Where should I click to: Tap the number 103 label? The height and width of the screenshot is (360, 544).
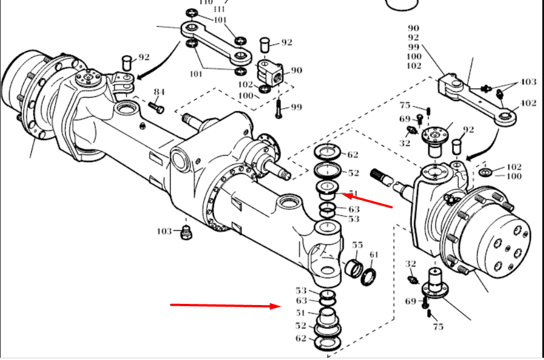click(165, 231)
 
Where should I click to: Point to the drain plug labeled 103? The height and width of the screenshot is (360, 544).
click(185, 232)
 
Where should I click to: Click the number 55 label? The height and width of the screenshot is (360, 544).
click(357, 245)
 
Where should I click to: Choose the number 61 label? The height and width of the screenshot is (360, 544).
click(374, 254)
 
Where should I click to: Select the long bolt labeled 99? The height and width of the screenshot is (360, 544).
click(279, 107)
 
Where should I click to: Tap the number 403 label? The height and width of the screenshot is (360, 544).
click(528, 82)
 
